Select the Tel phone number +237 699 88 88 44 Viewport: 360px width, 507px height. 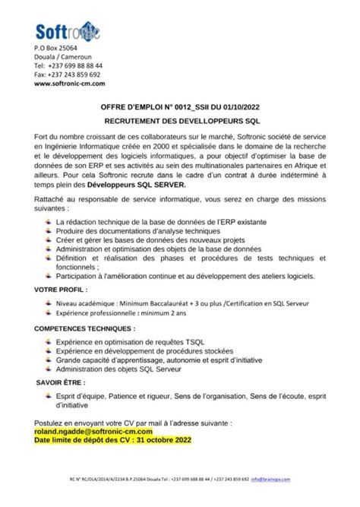[x=68, y=66]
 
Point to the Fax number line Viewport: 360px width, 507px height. [x=67, y=74]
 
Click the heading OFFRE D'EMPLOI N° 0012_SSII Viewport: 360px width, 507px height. [x=180, y=109]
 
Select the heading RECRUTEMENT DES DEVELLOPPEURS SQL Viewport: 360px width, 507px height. [x=179, y=121]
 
